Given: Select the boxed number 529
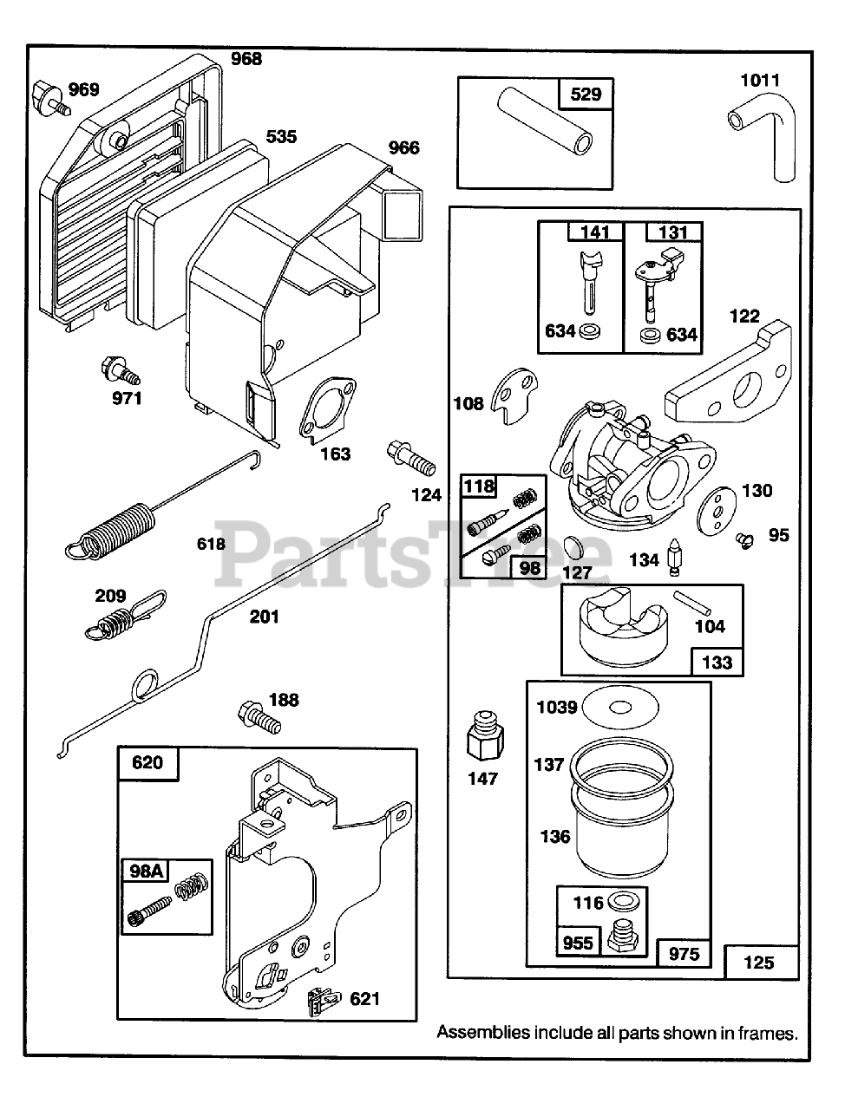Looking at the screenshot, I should pos(586,94).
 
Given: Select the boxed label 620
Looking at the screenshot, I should pos(147,763).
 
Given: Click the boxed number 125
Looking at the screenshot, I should pos(759,961).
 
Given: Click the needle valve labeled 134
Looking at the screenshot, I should pos(675,557).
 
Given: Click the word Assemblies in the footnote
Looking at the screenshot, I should pos(482,1033).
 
